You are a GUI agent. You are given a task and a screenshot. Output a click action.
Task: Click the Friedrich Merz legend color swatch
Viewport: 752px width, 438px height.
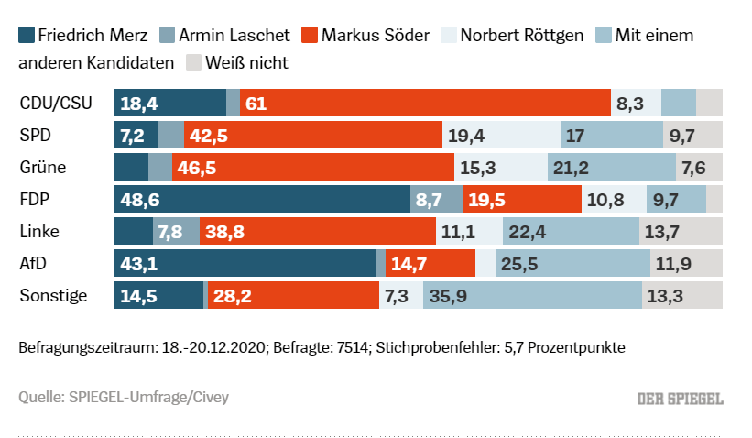(x=26, y=36)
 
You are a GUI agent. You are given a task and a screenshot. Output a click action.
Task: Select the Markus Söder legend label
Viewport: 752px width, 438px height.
(x=375, y=36)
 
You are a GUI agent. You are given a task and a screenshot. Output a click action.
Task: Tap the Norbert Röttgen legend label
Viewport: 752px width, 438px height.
(x=522, y=36)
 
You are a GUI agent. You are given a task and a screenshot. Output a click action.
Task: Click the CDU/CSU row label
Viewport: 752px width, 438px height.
(x=56, y=103)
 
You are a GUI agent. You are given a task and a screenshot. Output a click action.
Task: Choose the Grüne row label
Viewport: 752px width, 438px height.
(x=43, y=167)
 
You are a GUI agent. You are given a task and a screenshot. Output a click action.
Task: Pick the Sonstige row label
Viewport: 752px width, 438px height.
(x=53, y=295)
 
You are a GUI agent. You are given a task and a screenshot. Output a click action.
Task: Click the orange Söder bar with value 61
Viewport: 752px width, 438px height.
(x=425, y=104)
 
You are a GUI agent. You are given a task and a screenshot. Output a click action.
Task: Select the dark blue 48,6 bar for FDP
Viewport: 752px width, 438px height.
(x=262, y=199)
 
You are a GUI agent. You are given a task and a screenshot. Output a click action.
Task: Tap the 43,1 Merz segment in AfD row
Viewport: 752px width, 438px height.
(x=245, y=264)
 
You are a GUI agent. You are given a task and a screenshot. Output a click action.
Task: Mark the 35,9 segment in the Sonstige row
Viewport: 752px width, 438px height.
(x=532, y=295)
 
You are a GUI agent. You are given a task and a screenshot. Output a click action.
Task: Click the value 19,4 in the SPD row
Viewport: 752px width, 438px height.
(x=466, y=136)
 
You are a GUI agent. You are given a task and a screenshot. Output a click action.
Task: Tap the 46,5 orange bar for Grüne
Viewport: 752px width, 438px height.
(x=312, y=167)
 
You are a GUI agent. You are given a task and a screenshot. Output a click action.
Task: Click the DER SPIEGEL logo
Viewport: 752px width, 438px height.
(x=680, y=399)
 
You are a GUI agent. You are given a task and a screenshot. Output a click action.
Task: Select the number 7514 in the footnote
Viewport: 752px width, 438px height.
(x=353, y=348)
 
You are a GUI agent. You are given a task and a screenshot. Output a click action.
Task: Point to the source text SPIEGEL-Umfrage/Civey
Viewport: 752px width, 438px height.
(x=148, y=397)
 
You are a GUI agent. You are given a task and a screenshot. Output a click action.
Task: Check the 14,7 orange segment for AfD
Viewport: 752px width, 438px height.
(x=430, y=264)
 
